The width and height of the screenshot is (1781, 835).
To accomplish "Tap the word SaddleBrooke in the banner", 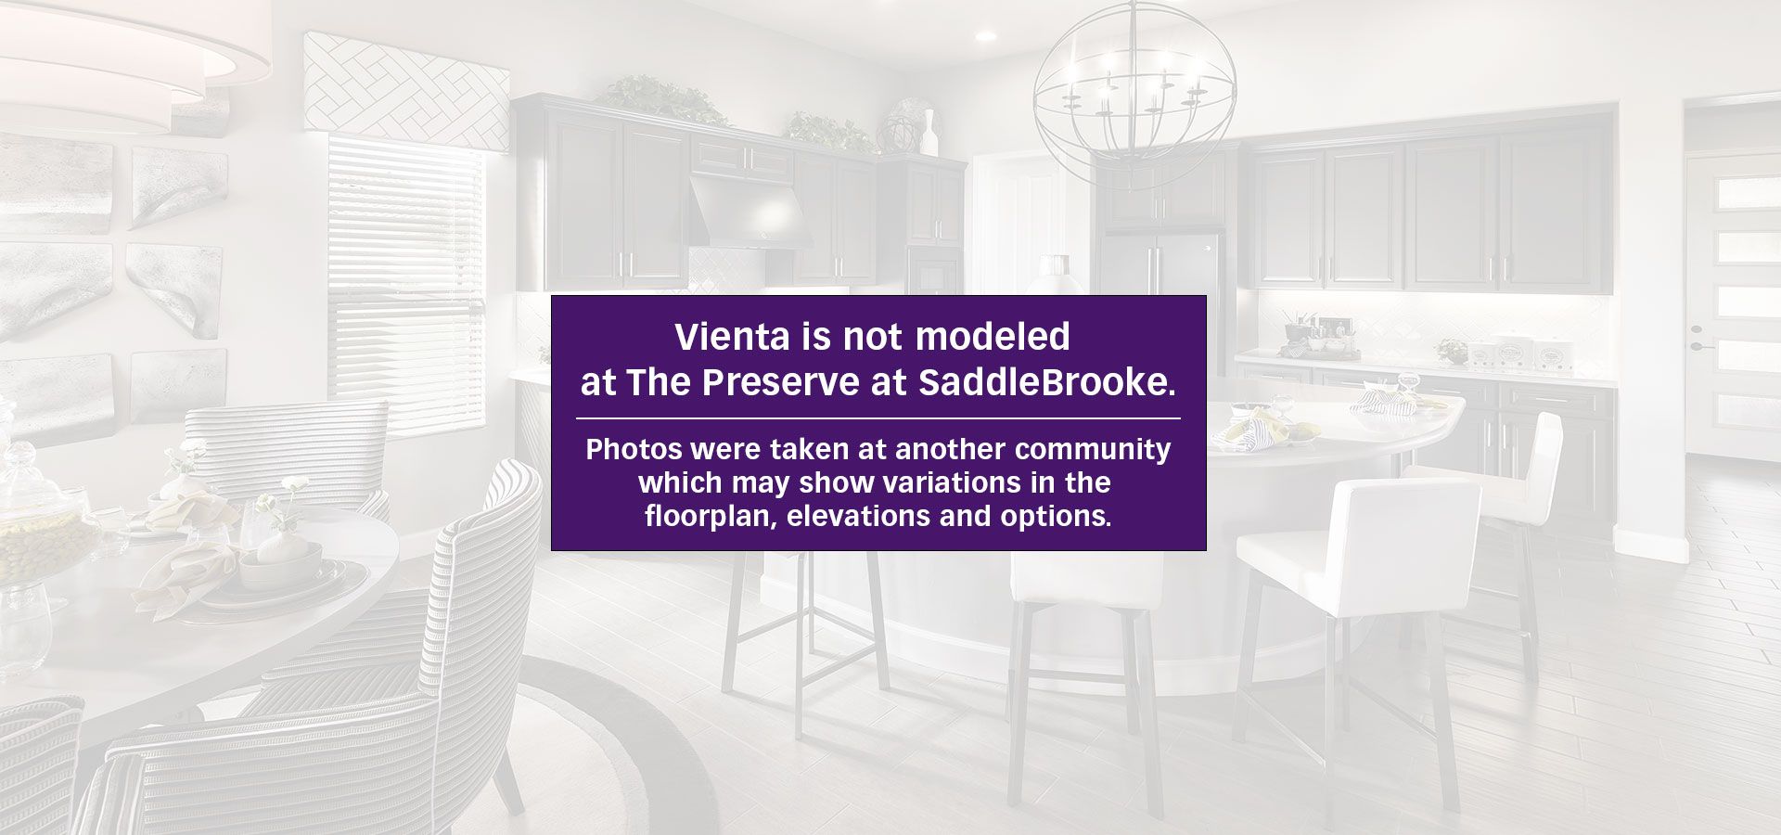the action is click(1047, 383).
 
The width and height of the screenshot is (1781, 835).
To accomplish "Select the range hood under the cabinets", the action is click(750, 212).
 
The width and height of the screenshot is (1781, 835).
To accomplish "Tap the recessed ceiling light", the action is click(985, 36).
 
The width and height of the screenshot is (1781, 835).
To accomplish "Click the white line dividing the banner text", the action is click(878, 418).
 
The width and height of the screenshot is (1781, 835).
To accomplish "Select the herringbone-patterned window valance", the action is click(406, 91).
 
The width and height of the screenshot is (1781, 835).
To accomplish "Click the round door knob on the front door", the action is click(1697, 329).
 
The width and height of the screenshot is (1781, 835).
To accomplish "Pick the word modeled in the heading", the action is click(993, 337).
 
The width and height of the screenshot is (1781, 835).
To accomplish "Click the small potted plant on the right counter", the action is click(1452, 352).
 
